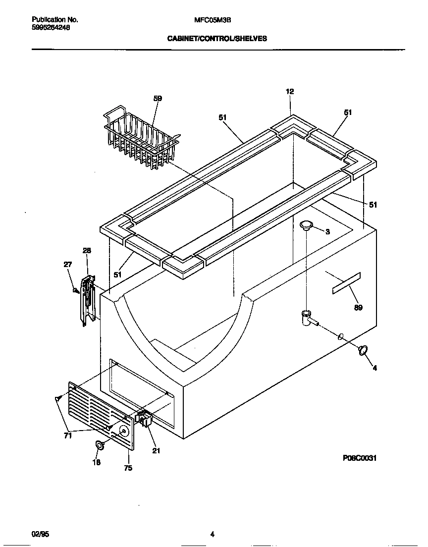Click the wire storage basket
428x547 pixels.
click(141, 139)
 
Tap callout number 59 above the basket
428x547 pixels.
click(158, 99)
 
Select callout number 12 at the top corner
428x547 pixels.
click(290, 91)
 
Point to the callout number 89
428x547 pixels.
click(358, 308)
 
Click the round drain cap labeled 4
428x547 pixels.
click(363, 350)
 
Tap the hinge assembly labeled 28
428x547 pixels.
click(88, 301)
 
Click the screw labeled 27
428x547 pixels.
click(76, 291)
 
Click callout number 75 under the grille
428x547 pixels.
click(128, 468)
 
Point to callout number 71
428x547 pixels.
click(67, 436)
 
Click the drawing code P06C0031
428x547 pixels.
click(359, 458)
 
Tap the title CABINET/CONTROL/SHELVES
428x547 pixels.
click(217, 38)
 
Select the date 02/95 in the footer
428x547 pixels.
click(40, 534)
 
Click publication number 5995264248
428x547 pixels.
click(51, 28)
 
